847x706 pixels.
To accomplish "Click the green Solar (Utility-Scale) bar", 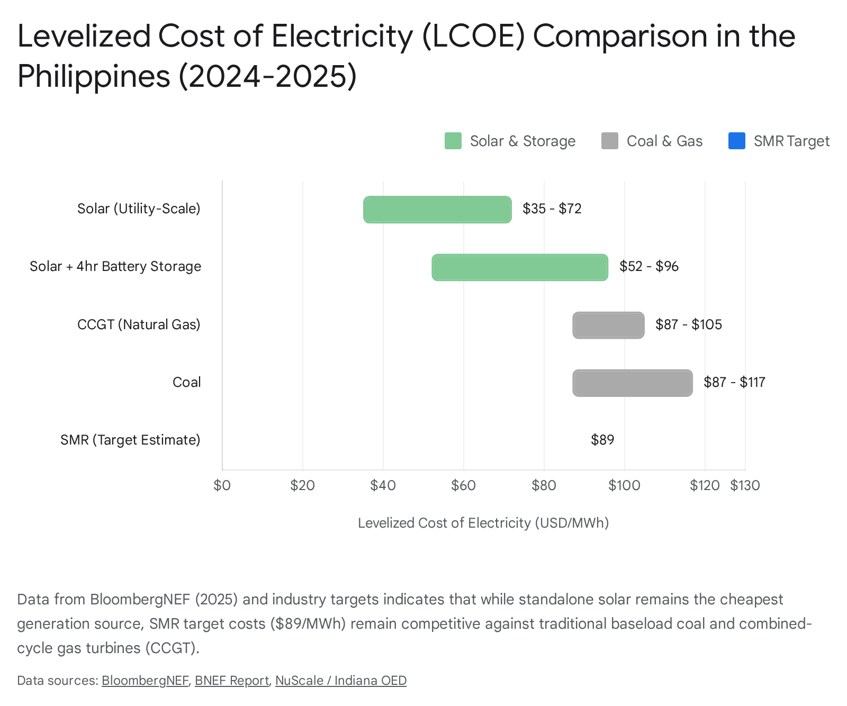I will (x=437, y=210).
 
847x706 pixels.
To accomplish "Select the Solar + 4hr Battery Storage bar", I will (x=520, y=267).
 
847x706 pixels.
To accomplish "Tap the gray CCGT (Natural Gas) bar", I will (x=608, y=325).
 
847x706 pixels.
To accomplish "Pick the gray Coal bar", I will (x=632, y=383).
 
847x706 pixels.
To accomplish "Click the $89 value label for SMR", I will (x=602, y=440).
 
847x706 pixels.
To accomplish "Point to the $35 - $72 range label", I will (x=552, y=209).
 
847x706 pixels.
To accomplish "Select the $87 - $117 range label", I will (x=734, y=382).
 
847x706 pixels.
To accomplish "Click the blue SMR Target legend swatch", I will (x=736, y=141).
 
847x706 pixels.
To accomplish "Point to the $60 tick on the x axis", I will (x=463, y=485).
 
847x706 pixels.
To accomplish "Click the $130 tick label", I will (x=745, y=485).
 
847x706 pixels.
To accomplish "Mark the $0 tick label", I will (x=222, y=485).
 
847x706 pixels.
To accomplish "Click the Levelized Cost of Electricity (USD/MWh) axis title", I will (x=483, y=523).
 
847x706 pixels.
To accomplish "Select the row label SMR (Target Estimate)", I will (x=130, y=440).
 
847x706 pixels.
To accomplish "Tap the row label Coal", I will (x=186, y=382).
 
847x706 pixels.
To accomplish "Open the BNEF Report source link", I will (x=231, y=681).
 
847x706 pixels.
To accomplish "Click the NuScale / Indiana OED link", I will (x=340, y=681).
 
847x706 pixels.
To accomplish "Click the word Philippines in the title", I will (x=94, y=76).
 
